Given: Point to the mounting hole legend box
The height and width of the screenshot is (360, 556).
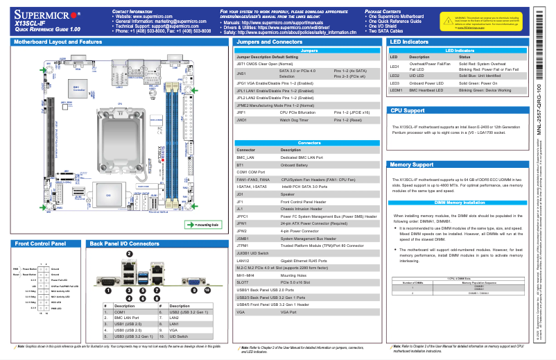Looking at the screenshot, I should point(202,225).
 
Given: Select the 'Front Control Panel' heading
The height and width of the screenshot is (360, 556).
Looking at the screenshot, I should point(40,244).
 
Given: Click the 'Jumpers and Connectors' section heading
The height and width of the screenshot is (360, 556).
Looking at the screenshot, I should point(270,42).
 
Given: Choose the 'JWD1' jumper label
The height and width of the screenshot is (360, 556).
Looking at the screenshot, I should point(242,119).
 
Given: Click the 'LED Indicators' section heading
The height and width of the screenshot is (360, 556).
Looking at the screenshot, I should point(409,42).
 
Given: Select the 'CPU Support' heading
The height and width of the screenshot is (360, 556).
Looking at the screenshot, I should point(408,110).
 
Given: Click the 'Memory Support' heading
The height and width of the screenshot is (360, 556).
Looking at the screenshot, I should point(412,165).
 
